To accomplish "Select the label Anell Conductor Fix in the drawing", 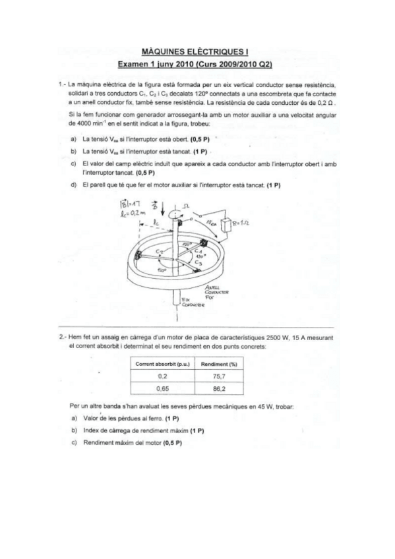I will pos(216,293).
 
